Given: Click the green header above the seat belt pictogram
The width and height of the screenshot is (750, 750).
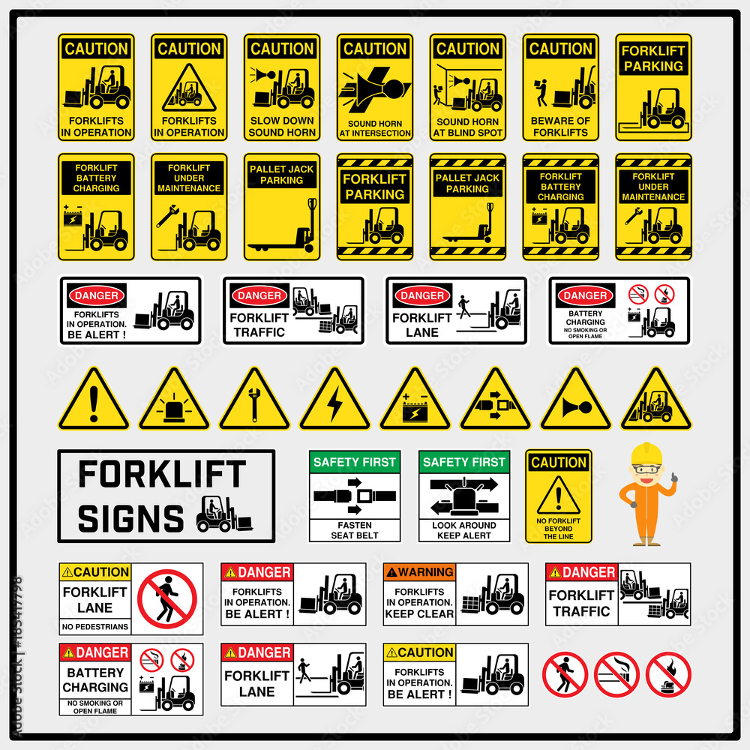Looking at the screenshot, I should point(355,462).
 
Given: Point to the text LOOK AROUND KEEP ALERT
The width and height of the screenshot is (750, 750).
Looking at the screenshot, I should point(464,530).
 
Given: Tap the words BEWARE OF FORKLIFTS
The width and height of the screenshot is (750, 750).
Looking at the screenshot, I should point(560,127).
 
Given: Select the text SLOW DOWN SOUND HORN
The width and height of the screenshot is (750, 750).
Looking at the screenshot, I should point(282,127).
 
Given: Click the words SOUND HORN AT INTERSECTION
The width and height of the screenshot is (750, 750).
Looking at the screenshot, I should point(375,128).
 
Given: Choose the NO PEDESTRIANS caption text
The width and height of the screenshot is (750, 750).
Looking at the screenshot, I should point(95,626).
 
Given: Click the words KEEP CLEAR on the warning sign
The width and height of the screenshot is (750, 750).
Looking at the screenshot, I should point(419,613).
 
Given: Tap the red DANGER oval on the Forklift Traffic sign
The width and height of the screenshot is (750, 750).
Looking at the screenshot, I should point(259,295).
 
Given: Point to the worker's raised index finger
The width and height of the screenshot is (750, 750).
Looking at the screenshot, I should point(675,474).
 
